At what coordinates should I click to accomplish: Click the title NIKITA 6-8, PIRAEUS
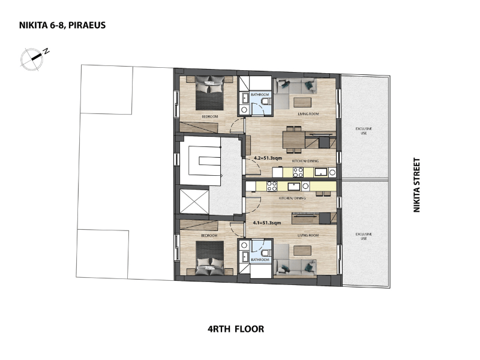62,25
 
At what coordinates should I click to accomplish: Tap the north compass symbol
33,58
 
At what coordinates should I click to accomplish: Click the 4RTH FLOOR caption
236,329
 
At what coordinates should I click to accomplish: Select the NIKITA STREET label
416,185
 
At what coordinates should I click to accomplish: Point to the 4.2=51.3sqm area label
268,158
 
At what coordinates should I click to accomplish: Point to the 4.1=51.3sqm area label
267,223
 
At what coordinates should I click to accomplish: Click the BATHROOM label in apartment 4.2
260,95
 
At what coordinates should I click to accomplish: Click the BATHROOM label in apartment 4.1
260,260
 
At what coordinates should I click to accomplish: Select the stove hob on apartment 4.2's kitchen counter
298,172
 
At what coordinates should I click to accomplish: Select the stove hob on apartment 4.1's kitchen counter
272,186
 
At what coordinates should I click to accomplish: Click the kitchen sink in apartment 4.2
321,172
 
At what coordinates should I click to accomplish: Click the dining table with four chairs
294,139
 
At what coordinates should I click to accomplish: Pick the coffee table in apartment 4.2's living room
302,102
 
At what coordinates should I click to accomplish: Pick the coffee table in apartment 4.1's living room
302,251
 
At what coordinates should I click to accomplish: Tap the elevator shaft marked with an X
194,201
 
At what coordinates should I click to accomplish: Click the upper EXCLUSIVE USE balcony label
364,131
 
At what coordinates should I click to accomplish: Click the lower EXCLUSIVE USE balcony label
364,236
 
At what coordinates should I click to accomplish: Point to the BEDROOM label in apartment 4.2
209,116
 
